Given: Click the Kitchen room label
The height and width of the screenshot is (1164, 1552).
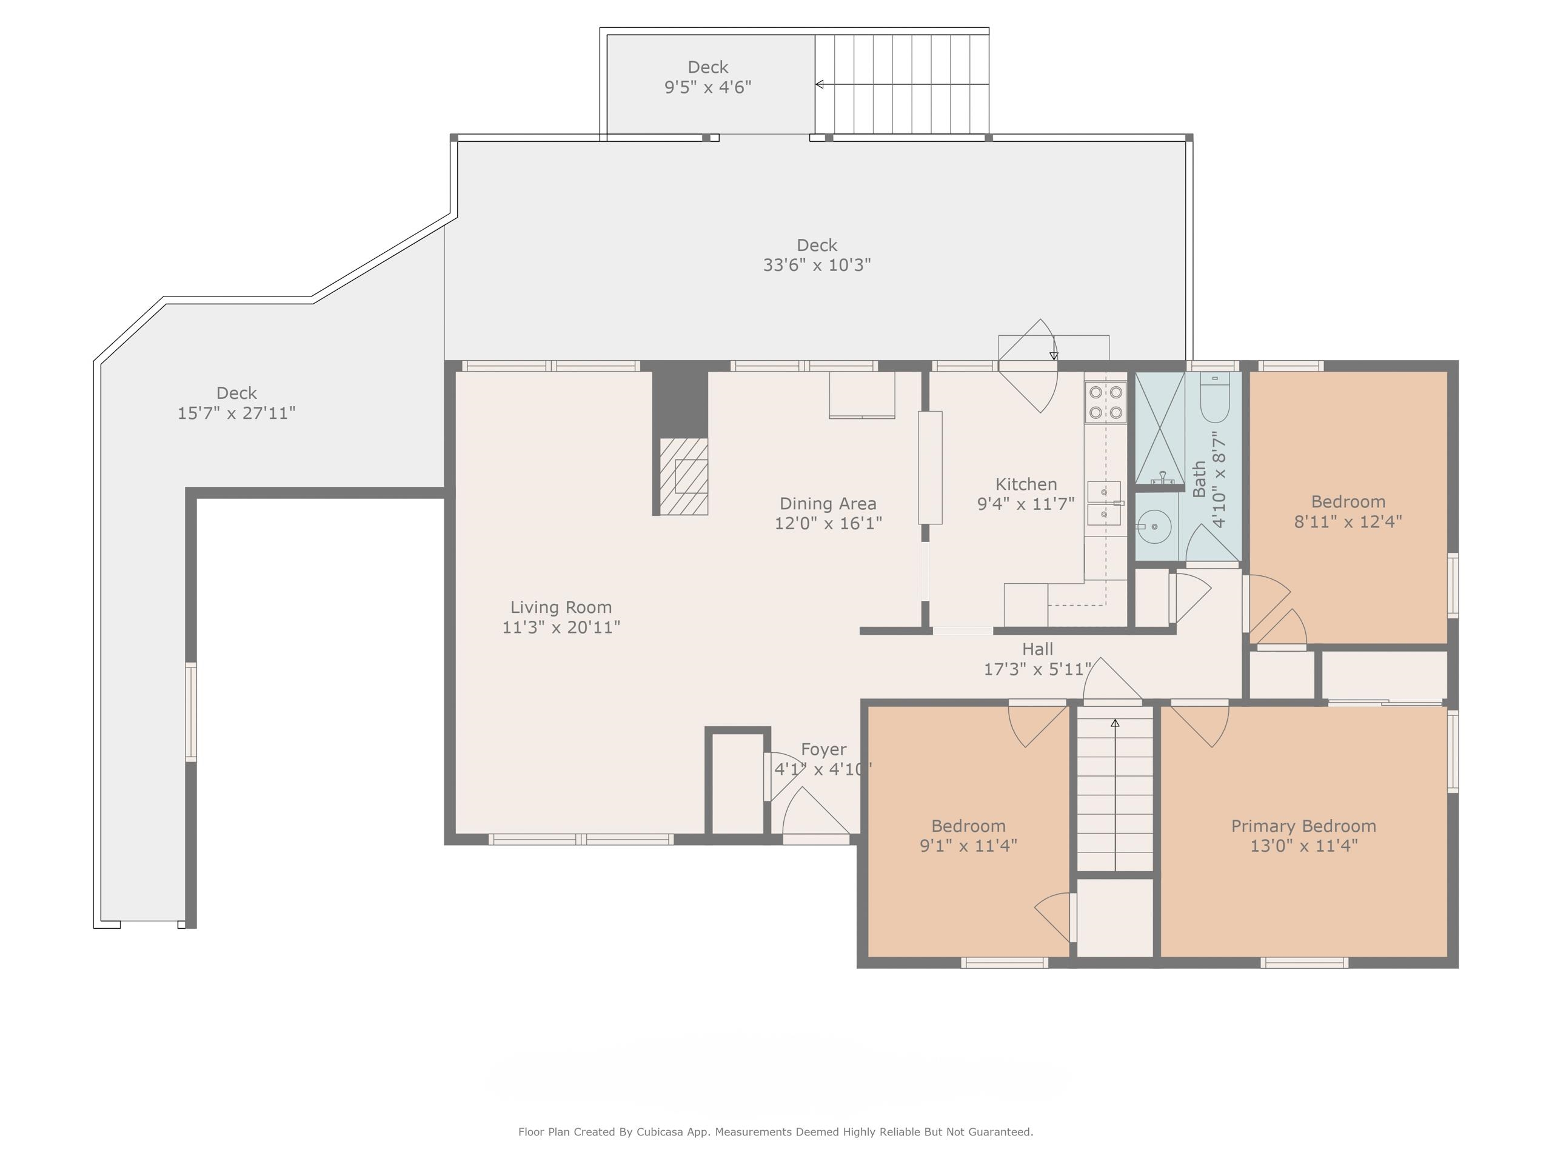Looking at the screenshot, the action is pos(1026,484).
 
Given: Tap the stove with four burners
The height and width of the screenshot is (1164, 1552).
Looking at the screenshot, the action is pos(1106,402).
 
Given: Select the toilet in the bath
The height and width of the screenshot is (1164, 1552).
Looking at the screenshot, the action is pos(1214,397).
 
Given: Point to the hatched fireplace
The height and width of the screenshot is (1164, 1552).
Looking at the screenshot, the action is pos(683,477).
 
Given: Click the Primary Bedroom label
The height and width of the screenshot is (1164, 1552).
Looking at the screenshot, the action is pos(1303,826).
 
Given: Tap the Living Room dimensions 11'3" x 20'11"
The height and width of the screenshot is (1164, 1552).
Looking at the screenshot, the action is pos(561,627).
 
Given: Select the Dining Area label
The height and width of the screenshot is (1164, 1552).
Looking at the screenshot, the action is pos(828,504).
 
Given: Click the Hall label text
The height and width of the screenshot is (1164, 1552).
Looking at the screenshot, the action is pos(1038,649).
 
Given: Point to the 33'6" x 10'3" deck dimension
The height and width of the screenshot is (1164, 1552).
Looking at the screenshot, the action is pos(817,265).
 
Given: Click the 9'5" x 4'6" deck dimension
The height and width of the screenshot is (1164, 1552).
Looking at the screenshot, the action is pos(708,87).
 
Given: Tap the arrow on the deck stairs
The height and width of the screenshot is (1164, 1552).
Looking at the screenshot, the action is pos(901,84).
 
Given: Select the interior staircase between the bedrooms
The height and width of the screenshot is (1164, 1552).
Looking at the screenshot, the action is pos(1115,789).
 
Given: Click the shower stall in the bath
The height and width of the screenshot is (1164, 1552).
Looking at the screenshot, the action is pos(1160,428).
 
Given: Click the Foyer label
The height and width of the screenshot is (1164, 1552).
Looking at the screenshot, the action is pos(824,749).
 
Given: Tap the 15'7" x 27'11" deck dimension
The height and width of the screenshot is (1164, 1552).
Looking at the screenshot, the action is pos(236,413).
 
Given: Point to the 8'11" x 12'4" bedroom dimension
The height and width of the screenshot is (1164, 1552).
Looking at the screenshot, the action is pos(1348,521).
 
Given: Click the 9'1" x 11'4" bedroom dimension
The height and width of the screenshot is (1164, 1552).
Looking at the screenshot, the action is pos(968,846).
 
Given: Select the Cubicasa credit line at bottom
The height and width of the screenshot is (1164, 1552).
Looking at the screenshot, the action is pos(775,1132).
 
